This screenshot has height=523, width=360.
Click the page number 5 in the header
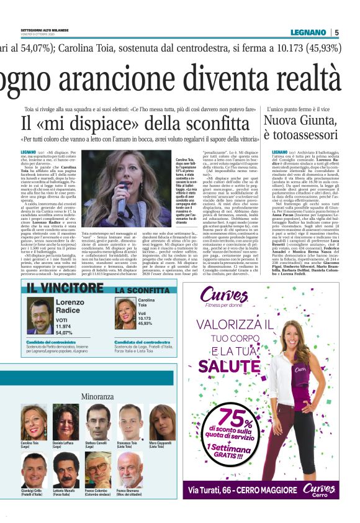click(336, 32)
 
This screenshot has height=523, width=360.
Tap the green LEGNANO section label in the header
click(308, 32)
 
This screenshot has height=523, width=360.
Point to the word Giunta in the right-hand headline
click(314, 121)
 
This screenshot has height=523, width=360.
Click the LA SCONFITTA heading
click(142, 290)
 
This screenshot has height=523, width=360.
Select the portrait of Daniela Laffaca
click(65, 421)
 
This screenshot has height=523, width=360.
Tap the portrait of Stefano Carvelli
click(97, 421)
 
